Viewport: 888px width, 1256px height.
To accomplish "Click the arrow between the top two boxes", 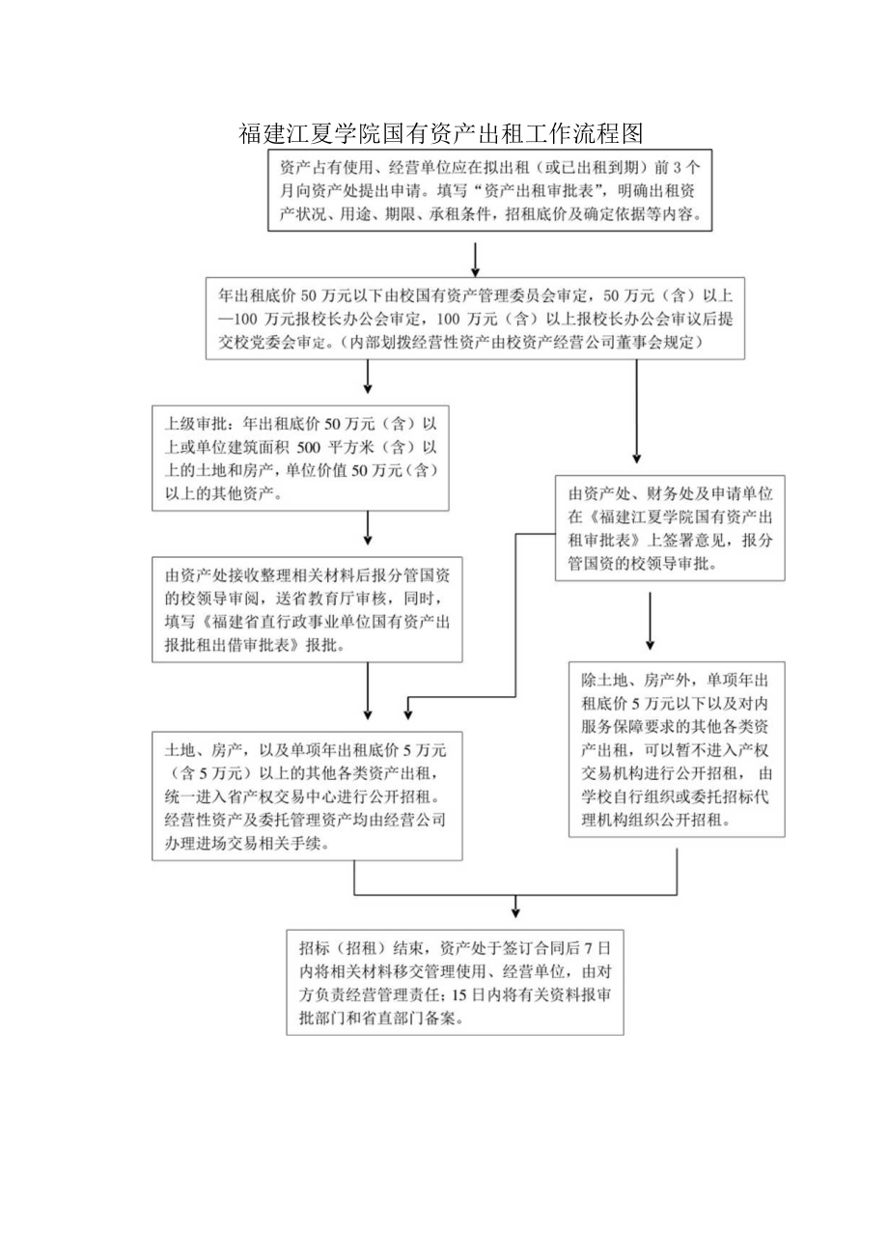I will click(476, 258).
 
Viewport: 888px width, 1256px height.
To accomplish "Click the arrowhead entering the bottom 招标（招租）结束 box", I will click(516, 910).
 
